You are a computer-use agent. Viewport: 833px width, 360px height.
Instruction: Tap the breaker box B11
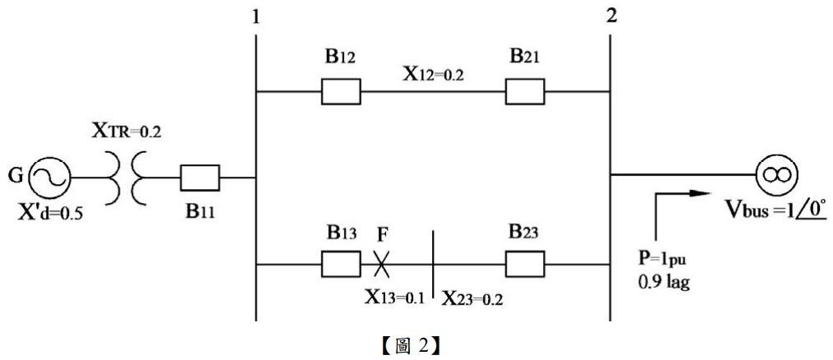tap(200, 177)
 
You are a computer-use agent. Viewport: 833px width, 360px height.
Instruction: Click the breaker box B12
tap(340, 91)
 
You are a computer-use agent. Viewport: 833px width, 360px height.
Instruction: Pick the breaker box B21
tap(525, 91)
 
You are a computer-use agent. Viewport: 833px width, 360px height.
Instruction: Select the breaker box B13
tap(340, 264)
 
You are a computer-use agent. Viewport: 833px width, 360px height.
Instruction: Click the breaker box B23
tap(525, 264)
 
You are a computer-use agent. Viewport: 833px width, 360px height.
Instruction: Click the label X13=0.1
tap(394, 296)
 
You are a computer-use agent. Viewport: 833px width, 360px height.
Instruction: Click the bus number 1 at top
tap(256, 17)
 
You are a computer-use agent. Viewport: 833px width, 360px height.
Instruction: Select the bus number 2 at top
tap(610, 17)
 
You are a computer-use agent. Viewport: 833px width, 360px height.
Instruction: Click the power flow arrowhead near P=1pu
tap(699, 194)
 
